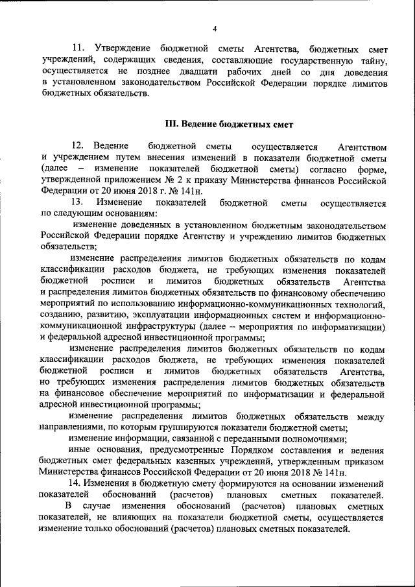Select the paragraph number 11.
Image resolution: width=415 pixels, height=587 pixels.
(x=78, y=49)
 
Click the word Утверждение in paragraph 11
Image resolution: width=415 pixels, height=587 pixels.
(x=123, y=49)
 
